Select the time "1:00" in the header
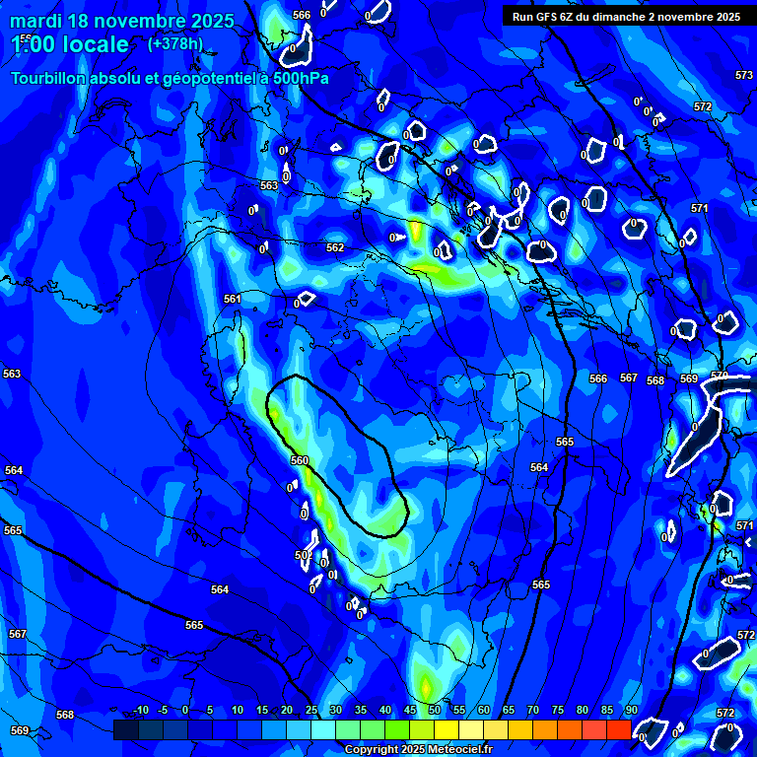pyautogui.click(x=33, y=44)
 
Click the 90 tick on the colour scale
pyautogui.click(x=631, y=711)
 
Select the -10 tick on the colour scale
pyautogui.click(x=141, y=711)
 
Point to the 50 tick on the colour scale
pyautogui.click(x=434, y=711)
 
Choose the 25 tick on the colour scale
pyautogui.click(x=310, y=711)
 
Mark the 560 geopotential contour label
pyautogui.click(x=300, y=460)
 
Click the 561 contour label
pyautogui.click(x=232, y=299)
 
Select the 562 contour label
pyautogui.click(x=335, y=247)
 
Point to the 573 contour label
pyautogui.click(x=744, y=75)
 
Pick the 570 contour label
pyautogui.click(x=719, y=376)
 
